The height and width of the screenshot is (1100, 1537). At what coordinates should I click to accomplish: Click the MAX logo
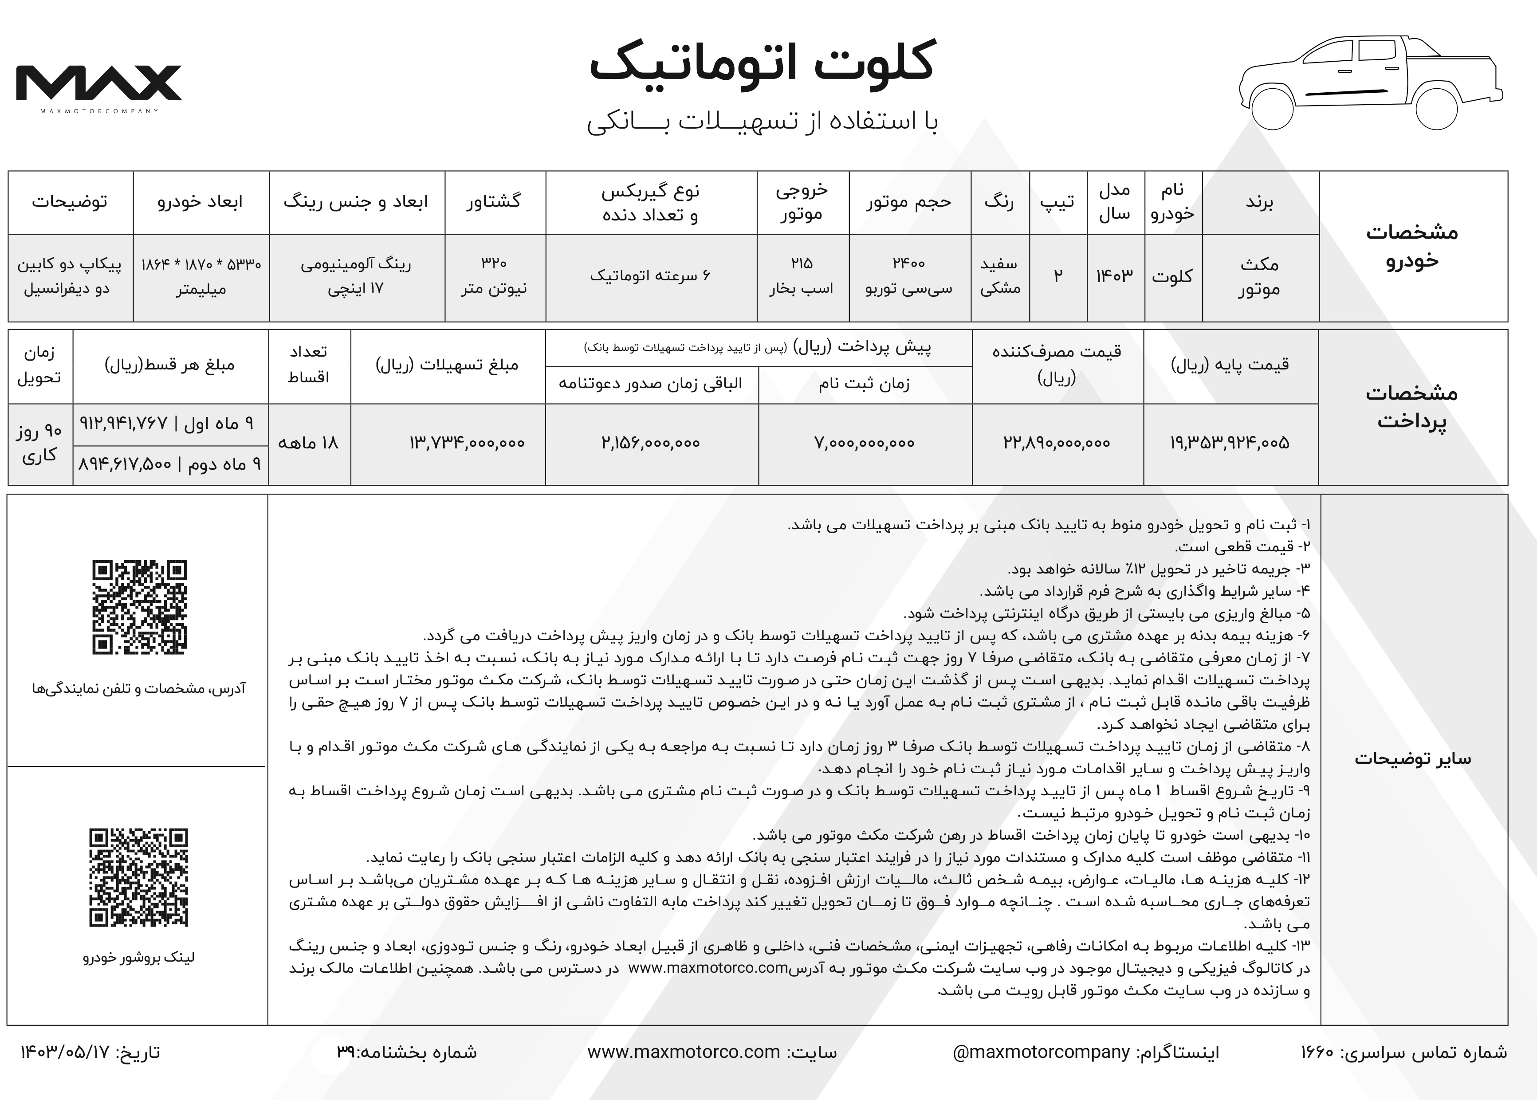click(99, 83)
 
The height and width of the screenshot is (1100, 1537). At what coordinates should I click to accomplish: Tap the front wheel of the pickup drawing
click(1271, 108)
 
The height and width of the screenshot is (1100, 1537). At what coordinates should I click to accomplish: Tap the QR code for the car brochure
click(139, 877)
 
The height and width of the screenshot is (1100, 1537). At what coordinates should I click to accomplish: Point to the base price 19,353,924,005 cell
click(1230, 444)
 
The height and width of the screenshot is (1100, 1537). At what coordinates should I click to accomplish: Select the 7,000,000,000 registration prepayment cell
click(865, 444)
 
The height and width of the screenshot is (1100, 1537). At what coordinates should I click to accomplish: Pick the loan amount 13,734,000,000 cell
click(467, 444)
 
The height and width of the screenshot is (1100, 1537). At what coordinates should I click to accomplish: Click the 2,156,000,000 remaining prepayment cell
click(651, 444)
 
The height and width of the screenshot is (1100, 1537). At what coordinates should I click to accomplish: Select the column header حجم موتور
click(908, 202)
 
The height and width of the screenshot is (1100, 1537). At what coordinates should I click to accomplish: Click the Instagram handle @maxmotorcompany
click(1041, 1053)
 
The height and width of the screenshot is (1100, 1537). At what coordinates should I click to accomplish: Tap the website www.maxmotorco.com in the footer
click(684, 1053)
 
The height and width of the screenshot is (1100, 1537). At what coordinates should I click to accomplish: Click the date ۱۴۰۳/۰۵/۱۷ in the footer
click(65, 1053)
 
